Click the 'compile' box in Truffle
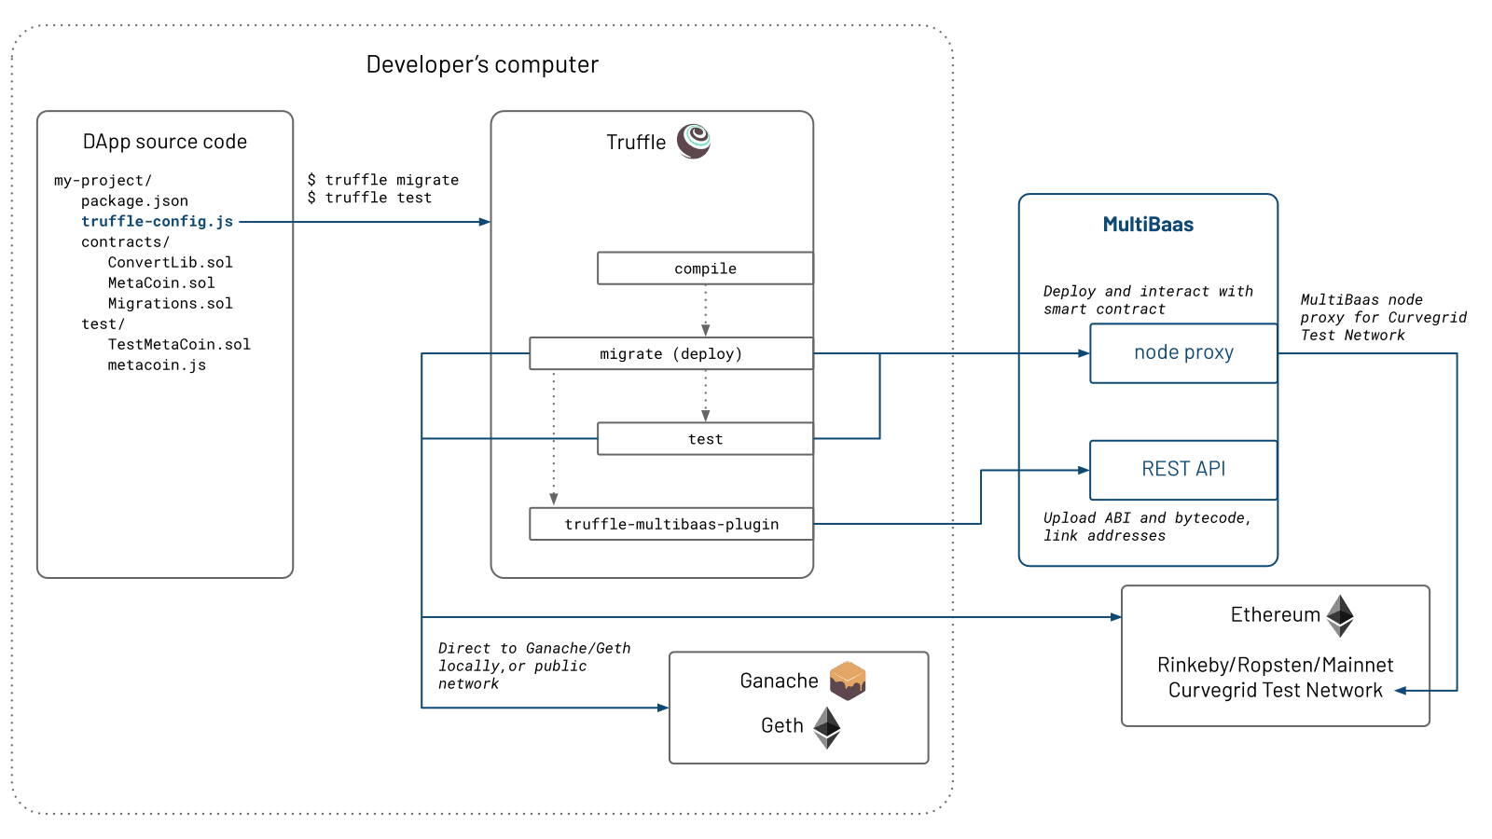click(705, 268)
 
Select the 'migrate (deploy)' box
click(670, 354)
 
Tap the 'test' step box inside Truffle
click(705, 439)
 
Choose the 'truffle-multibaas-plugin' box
click(670, 524)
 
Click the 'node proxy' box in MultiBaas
click(1183, 352)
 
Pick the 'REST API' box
click(1183, 469)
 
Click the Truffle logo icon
click(694, 141)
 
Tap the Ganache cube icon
click(848, 680)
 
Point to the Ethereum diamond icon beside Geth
click(827, 727)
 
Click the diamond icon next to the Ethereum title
click(1340, 615)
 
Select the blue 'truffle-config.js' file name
click(157, 221)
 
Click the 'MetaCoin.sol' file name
click(160, 282)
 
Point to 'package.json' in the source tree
click(134, 200)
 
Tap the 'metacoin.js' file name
click(157, 364)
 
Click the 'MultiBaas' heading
click(1148, 225)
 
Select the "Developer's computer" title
click(482, 64)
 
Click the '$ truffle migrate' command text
click(383, 179)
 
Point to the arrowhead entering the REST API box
click(1084, 470)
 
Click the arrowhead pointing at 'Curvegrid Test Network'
click(1400, 691)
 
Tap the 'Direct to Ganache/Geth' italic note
click(534, 648)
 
